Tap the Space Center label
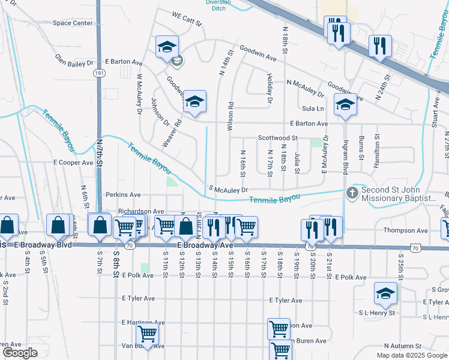73,23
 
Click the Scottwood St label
278,138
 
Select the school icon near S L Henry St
385,293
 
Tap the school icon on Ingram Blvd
345,104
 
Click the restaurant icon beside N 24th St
380,46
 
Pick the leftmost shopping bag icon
8,226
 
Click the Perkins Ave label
122,195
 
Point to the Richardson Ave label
141,212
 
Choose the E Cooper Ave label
73,163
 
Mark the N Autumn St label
403,346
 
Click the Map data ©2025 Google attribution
411,355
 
